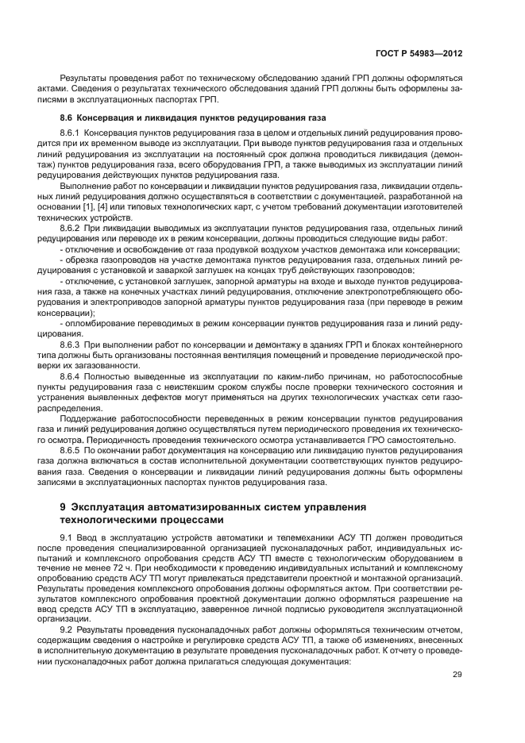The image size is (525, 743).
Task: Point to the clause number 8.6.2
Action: point(71,228)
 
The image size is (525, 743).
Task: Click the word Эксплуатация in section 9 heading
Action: point(116,506)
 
